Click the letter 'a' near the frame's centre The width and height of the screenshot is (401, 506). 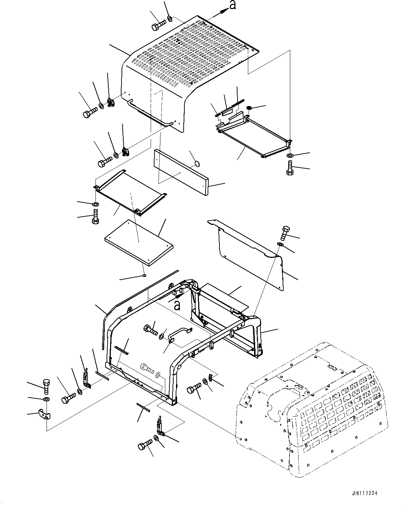pos(177,305)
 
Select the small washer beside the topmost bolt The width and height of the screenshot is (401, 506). pos(169,17)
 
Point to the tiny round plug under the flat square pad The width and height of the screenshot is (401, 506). pos(144,276)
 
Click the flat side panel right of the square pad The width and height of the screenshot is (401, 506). pos(248,251)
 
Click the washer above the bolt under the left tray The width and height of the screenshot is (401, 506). pos(95,204)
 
